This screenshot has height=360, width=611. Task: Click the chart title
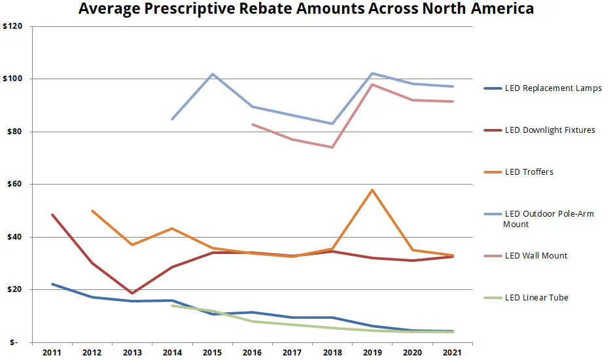306,9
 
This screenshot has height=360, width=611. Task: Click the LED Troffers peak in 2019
372,190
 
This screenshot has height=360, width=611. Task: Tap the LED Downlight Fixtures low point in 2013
132,293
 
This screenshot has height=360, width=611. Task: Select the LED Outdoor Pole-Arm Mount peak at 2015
213,74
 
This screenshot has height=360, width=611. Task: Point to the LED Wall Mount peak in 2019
372,84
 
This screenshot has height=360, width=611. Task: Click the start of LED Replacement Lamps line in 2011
52,284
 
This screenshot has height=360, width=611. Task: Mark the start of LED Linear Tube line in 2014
172,306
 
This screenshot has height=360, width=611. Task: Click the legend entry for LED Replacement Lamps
553,88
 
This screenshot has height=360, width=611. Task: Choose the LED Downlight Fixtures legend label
550,130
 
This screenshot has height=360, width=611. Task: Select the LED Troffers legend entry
529,172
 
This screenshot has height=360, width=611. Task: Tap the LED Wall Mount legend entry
536,256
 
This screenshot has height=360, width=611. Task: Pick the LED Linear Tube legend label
536,298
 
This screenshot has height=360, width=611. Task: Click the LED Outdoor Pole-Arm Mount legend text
549,219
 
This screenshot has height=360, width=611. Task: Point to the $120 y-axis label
13,27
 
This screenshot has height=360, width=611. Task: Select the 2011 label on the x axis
52,353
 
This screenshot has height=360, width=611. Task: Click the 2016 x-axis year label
252,353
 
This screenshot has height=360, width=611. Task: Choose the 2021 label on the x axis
452,353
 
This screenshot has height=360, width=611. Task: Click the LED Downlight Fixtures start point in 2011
52,215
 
